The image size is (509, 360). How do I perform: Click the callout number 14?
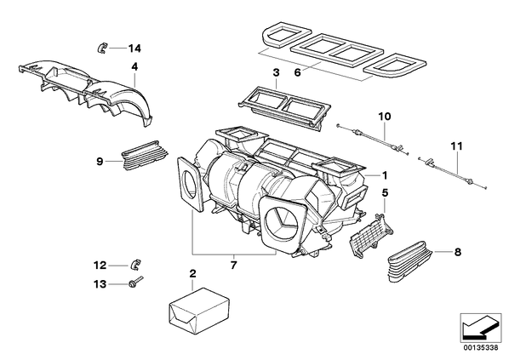134,49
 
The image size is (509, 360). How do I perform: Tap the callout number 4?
134,67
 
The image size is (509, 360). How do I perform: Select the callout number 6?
298,72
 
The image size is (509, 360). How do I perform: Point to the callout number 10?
385,117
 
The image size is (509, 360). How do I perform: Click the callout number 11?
456,146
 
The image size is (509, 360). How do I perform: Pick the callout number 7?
234,266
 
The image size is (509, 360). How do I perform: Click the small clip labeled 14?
102,48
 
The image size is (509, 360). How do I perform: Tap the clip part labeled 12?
135,265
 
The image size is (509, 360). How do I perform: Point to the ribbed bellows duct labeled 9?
144,155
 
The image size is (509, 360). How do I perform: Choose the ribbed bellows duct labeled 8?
410,260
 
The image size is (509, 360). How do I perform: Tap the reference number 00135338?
481,348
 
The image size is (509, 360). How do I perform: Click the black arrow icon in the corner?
481,327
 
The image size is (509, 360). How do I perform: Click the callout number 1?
385,175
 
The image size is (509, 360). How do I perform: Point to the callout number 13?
100,284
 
